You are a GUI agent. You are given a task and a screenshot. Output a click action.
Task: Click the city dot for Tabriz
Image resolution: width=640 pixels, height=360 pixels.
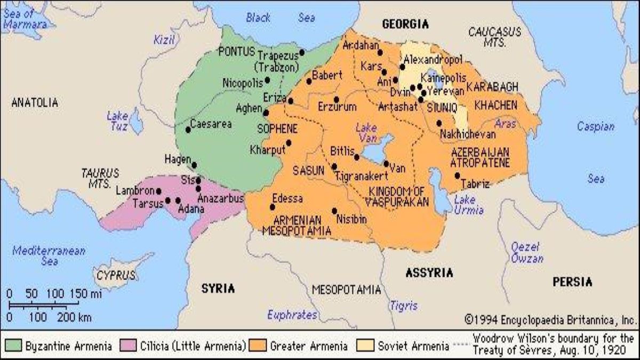click(x=457, y=175)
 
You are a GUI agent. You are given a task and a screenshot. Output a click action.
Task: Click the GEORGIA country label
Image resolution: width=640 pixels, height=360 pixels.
click(x=405, y=24)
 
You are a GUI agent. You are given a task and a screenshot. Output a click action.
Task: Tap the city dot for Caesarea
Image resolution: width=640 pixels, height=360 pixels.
click(x=188, y=130)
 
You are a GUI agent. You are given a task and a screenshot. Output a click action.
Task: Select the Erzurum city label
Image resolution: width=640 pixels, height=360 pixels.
click(x=337, y=107)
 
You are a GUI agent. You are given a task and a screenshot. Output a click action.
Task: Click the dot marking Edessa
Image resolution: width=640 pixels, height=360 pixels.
click(x=273, y=207)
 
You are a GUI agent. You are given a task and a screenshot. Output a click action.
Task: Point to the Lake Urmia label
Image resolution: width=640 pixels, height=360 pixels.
click(x=469, y=205)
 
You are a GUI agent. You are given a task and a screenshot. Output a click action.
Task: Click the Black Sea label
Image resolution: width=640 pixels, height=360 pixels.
click(x=280, y=18)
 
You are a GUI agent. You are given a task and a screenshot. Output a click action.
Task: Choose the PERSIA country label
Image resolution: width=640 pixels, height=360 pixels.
click(x=572, y=282)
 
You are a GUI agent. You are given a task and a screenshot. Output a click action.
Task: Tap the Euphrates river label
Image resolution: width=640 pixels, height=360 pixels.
click(x=292, y=314)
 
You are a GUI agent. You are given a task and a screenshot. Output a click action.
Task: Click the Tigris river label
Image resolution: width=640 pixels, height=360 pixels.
click(x=403, y=306)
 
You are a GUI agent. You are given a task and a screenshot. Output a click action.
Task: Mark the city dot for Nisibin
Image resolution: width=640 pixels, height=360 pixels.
click(x=335, y=211)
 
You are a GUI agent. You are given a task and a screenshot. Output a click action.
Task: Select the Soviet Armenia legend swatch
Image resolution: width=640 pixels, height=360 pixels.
click(x=366, y=346)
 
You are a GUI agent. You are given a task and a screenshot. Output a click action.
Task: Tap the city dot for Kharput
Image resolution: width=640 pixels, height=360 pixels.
click(x=289, y=142)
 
